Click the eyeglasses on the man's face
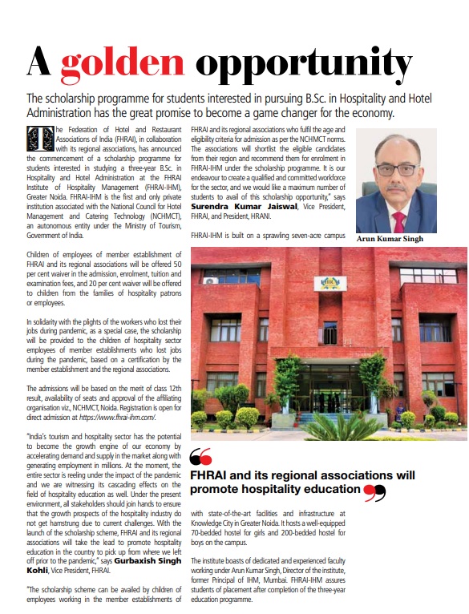point(399,170)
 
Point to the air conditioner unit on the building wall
point(211,281)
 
